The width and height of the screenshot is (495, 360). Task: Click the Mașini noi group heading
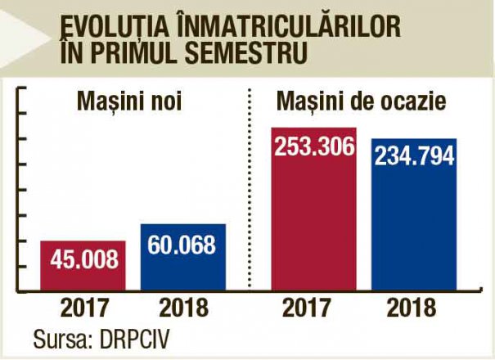[x=128, y=101]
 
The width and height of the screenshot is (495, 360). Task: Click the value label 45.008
[x=83, y=260]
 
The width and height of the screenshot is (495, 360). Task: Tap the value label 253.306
[x=314, y=147]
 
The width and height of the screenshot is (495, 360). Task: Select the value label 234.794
[x=414, y=155]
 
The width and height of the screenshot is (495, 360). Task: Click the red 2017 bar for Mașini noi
[x=83, y=274]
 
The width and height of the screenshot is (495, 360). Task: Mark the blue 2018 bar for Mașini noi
[x=182, y=266]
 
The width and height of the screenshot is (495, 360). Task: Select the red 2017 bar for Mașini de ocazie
[x=314, y=221]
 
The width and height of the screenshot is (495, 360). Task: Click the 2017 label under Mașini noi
[x=83, y=308]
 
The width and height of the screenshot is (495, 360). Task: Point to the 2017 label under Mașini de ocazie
[x=314, y=308]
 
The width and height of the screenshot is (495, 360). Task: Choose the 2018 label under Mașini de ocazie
[x=413, y=308]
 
